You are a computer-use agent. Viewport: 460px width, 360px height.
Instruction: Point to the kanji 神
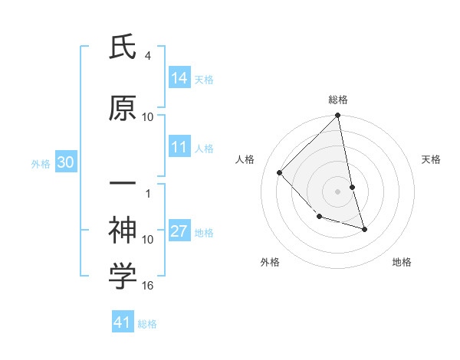pos(123,229)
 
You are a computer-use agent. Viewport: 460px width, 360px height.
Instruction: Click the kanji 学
pos(123,277)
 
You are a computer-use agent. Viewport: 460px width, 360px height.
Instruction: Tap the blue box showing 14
pos(179,78)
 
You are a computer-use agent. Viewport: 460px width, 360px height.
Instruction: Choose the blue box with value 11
pos(179,147)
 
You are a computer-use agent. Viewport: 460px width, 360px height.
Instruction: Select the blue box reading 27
pos(179,232)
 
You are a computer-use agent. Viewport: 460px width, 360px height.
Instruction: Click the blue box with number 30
pos(65,162)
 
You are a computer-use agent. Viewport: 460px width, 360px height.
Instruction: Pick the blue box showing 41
pos(123,322)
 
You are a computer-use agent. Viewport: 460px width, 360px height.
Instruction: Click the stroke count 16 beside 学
pos(149,286)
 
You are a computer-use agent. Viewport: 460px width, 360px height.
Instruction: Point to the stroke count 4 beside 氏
pos(147,56)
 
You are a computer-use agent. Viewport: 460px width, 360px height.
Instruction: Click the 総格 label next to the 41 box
pos(147,324)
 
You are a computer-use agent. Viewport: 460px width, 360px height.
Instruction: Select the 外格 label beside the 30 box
pos(41,164)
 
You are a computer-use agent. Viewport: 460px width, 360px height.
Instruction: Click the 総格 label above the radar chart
pos(338,100)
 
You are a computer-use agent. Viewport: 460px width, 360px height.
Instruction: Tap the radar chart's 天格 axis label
pos(431,159)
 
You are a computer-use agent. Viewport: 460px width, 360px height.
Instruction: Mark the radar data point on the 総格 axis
pos(338,116)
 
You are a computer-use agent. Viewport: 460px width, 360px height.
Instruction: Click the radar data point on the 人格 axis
pos(280,172)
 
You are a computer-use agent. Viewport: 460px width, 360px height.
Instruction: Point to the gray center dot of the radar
pos(338,191)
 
